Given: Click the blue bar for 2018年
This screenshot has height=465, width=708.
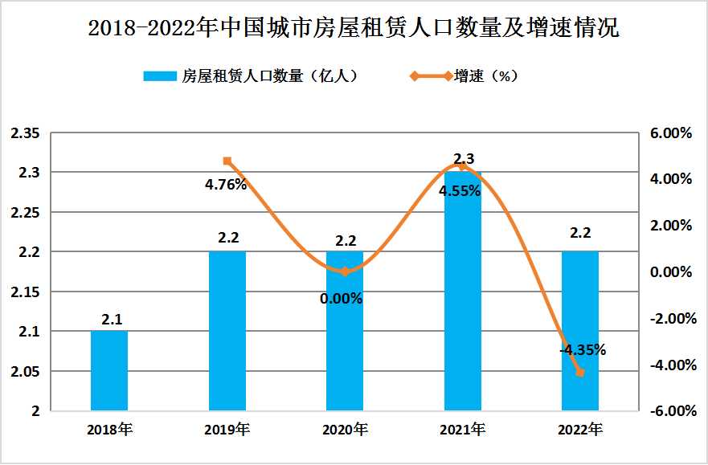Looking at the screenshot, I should pos(109,370).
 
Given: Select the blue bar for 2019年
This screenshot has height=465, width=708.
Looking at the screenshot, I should pos(227,331).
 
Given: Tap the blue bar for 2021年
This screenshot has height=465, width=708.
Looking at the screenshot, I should pos(462,291).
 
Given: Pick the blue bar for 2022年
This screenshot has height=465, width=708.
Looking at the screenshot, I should pos(579,331).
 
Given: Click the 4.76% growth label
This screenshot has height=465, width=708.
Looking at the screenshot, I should pos(226,184).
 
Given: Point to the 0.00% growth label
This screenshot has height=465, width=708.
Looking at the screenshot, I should pos(342,299).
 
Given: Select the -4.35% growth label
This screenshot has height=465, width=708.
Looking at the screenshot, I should pos(583,350).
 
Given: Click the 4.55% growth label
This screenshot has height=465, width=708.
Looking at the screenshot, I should pos(460,192).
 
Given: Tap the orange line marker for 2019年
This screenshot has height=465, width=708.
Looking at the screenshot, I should pos(227,161).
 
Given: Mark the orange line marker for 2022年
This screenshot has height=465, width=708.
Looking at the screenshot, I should pos(579,372).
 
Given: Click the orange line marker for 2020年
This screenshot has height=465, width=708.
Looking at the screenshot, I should pos(345,271).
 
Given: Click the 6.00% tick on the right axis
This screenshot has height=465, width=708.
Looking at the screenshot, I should pos(670,133).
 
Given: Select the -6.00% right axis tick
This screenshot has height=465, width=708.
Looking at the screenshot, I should pos(669,411).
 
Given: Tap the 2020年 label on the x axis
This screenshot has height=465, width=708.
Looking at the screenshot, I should pos(345,430).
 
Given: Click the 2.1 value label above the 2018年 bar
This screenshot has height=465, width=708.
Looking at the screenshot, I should pos(111,320).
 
